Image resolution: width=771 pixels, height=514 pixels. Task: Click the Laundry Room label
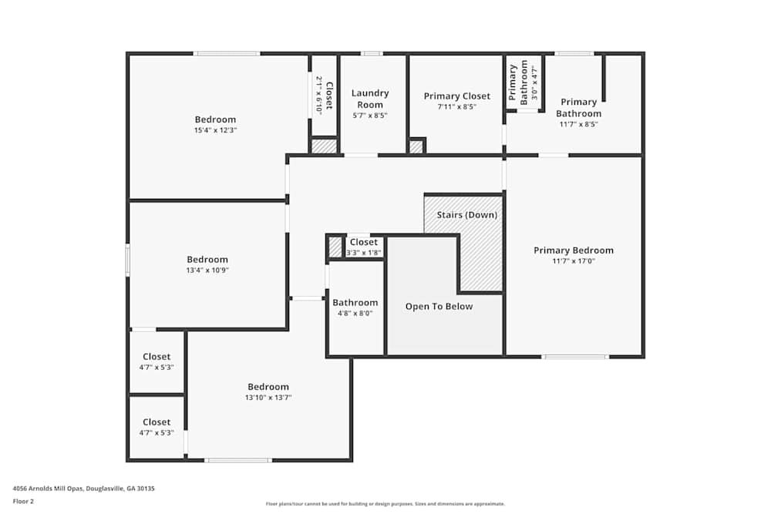tap(370, 99)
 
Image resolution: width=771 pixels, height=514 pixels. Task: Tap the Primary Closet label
tap(456, 96)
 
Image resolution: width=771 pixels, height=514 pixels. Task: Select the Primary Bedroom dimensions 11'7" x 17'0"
tap(574, 261)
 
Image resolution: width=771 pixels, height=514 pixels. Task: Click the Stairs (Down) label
tap(466, 215)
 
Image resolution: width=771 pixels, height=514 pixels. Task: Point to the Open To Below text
tap(439, 306)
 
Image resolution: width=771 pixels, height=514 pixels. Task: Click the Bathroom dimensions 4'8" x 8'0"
tap(355, 313)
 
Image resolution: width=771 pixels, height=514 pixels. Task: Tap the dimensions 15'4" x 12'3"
tap(215, 130)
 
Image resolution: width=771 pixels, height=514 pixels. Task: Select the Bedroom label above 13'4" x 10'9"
tap(207, 260)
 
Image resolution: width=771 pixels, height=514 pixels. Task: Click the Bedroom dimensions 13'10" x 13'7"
tap(268, 398)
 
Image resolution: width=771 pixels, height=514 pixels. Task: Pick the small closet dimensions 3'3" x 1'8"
tap(363, 253)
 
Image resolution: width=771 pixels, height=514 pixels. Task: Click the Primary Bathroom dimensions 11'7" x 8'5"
tap(579, 124)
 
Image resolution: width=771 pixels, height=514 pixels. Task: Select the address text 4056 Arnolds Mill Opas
tap(49, 489)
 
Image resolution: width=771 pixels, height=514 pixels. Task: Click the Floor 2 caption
tap(23, 501)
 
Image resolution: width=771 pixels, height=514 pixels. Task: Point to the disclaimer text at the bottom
tap(385, 504)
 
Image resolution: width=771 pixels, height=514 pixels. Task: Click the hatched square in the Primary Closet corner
tap(416, 146)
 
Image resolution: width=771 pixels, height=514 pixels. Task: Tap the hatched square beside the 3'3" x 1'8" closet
tap(335, 247)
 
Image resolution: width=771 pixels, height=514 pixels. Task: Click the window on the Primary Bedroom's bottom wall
tap(575, 357)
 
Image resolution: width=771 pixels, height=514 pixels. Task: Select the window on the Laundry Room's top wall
tap(372, 54)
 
